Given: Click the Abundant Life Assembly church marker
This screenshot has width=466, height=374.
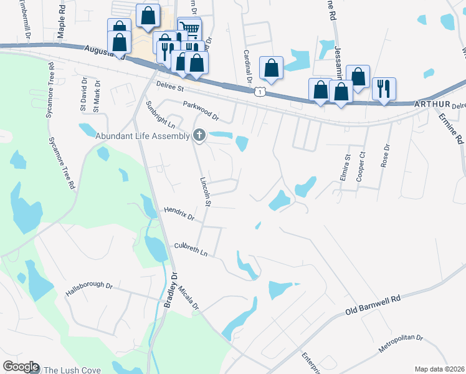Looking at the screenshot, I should pyautogui.click(x=199, y=135).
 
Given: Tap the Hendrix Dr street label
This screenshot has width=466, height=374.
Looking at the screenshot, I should pyautogui.click(x=179, y=214).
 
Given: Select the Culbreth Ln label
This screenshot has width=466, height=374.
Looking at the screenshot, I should pyautogui.click(x=190, y=250).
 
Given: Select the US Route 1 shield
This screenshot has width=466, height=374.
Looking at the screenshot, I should pyautogui.click(x=259, y=92).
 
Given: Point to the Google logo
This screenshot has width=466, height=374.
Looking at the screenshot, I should pyautogui.click(x=20, y=367).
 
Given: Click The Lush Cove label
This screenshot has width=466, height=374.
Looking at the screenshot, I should pyautogui.click(x=72, y=370).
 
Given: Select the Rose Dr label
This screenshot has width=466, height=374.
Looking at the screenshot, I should pyautogui.click(x=386, y=156).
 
